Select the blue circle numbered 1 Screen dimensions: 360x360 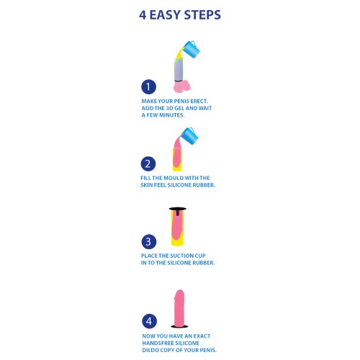[149, 86]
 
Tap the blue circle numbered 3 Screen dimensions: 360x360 [149, 242]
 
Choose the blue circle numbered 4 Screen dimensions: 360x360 [149, 320]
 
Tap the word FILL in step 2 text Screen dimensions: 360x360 [148, 178]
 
